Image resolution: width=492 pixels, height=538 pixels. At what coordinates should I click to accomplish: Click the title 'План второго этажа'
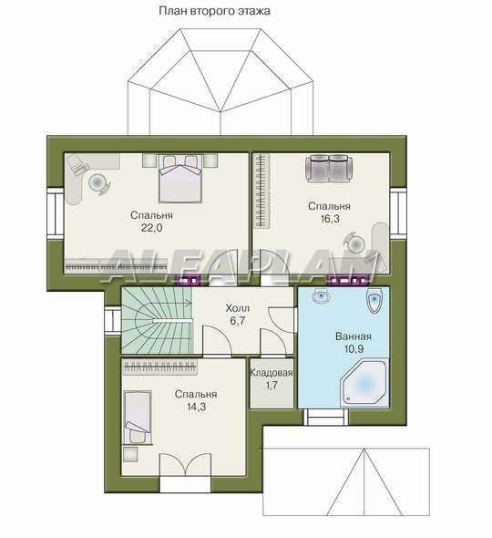pos(214,11)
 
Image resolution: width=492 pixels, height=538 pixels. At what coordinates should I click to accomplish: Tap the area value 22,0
pos(151,227)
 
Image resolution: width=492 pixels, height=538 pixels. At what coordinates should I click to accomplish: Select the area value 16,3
pos(330,219)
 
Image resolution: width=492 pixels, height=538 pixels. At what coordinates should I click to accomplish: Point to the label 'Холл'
pos(237,308)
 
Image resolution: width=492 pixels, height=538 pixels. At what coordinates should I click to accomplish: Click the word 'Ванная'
pos(354,336)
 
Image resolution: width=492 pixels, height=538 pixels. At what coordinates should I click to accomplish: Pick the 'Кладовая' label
pos(272,373)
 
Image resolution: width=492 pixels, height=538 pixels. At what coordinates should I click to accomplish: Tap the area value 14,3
pos(196,407)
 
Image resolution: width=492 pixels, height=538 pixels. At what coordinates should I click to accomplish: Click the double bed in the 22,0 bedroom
pos(180,179)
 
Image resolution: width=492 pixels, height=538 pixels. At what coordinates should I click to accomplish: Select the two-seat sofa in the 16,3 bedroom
pos(329,168)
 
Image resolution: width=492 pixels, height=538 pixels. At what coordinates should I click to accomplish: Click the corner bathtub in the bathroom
pos(364,384)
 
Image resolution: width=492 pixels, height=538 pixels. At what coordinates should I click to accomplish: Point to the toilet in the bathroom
pos(374,301)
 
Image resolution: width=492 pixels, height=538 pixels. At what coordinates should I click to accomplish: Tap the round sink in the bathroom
pos(322,295)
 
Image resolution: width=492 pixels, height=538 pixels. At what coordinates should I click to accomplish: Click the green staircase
pos(157,320)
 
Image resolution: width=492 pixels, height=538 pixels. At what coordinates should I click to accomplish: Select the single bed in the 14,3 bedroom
pos(138,418)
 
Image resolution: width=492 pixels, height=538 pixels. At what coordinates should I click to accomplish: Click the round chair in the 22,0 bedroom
pos(99,182)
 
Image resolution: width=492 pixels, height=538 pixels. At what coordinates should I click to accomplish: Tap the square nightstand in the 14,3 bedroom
pos(130,454)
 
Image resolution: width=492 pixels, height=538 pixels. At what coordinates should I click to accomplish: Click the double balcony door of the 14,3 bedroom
pos(185,464)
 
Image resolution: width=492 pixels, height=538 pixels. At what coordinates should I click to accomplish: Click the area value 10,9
pos(354,349)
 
